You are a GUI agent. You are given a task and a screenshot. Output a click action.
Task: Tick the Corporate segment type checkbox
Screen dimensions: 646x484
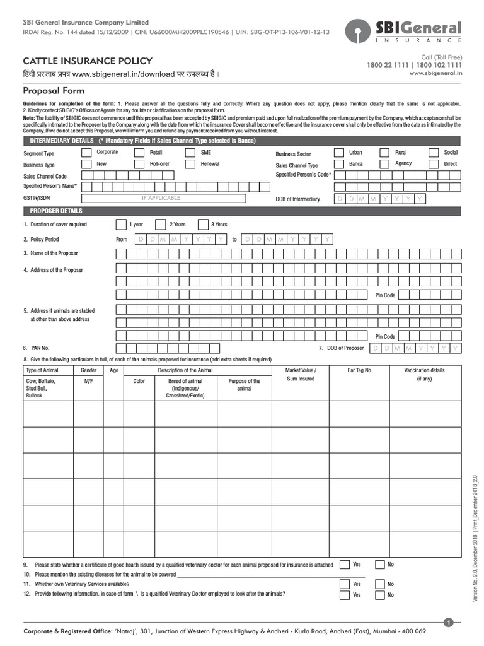click(x=86, y=153)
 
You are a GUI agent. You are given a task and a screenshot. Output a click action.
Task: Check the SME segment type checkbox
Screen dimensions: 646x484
click(x=190, y=153)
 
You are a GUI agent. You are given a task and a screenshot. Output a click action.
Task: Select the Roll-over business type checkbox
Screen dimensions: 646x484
click(x=139, y=164)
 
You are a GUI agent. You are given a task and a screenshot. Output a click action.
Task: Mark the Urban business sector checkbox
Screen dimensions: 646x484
click(x=338, y=153)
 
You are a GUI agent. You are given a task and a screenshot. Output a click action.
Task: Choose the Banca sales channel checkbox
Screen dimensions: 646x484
click(x=338, y=164)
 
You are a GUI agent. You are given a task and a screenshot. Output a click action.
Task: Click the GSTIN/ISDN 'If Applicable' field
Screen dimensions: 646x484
click(x=161, y=198)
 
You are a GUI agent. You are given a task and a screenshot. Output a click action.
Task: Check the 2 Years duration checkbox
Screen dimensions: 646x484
click(x=159, y=225)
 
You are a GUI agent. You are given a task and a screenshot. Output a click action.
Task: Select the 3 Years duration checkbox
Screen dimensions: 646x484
click(x=202, y=225)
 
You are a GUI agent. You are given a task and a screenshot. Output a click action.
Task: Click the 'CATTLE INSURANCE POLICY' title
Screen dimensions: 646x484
click(x=88, y=61)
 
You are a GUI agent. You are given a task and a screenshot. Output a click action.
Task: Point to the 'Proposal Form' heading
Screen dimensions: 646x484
click(x=54, y=91)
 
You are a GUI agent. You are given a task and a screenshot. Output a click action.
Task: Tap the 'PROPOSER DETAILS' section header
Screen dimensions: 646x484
click(x=57, y=211)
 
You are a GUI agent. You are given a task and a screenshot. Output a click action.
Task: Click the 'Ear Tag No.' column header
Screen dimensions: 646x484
click(x=360, y=370)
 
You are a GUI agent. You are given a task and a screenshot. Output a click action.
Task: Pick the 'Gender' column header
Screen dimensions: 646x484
click(x=88, y=370)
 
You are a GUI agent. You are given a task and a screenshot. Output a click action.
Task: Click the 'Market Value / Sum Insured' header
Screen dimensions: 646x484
click(x=301, y=374)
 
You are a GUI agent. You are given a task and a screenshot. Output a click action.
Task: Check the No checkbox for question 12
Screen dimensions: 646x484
click(x=379, y=595)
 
